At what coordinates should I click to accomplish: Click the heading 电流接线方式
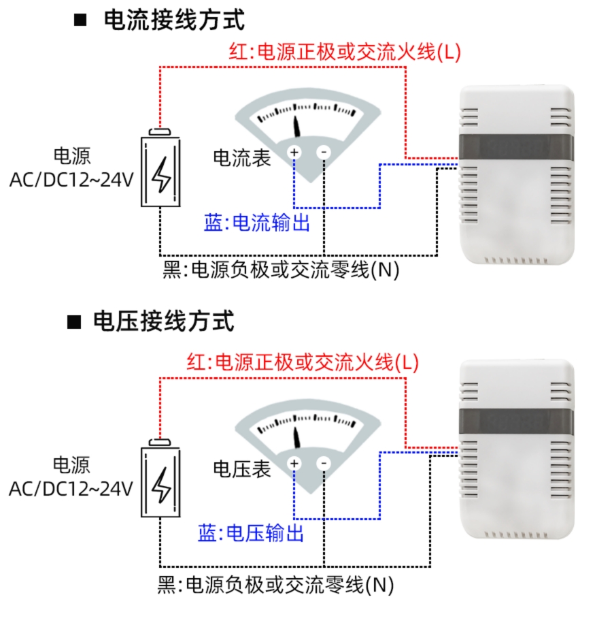point(174,20)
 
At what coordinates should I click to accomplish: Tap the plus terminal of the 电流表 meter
point(294,152)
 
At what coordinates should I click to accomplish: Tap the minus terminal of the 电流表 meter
point(324,152)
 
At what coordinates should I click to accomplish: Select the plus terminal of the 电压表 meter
point(294,464)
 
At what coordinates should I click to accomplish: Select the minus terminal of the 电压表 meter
point(324,464)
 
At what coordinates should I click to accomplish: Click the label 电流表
point(242,158)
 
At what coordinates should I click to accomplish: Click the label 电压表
point(242,469)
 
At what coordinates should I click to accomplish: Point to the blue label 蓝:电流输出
point(257,223)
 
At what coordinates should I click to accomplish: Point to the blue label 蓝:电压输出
point(251,533)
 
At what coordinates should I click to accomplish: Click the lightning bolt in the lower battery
point(161,485)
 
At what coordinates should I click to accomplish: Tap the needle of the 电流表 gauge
point(297,126)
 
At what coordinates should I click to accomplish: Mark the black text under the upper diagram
point(281,270)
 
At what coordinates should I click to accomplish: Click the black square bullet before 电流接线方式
point(81,20)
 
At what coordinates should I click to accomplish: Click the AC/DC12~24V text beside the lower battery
point(71,488)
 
